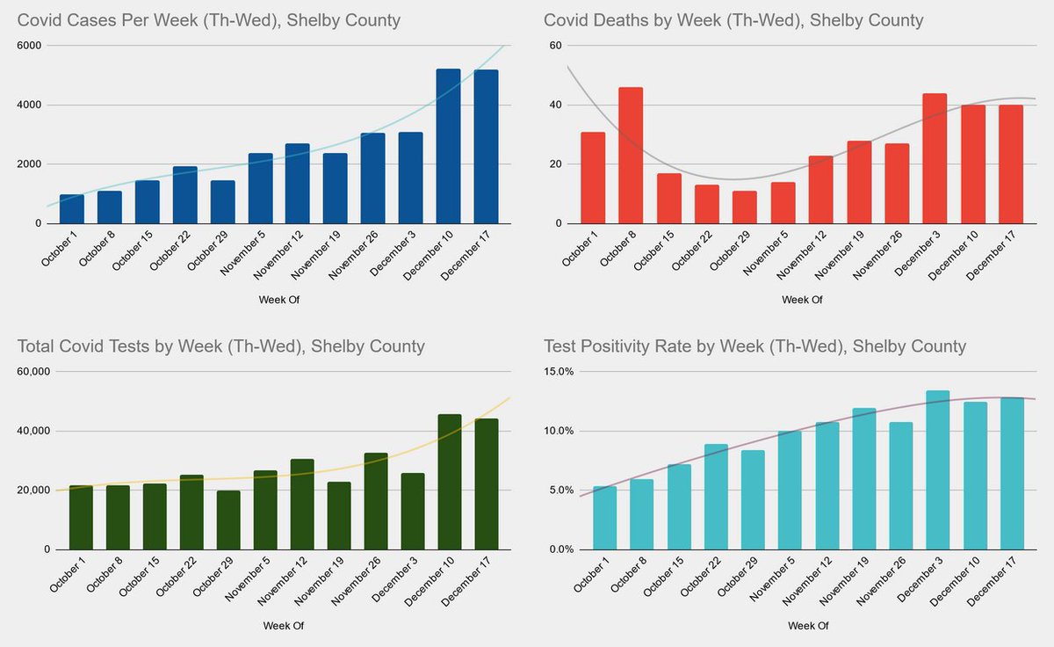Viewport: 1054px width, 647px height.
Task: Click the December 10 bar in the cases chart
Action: point(448,147)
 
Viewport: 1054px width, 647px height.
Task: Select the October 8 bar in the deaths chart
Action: point(631,156)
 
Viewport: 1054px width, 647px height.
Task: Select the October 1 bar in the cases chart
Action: point(71,209)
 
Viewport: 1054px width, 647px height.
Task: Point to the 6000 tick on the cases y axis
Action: point(29,45)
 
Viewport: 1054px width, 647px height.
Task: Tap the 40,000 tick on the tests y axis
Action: point(33,431)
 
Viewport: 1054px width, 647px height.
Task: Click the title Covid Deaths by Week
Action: point(733,19)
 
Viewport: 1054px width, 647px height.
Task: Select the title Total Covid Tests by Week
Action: point(221,346)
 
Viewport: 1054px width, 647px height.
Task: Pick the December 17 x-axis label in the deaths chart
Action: point(993,259)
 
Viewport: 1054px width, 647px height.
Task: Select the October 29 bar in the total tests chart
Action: point(227,520)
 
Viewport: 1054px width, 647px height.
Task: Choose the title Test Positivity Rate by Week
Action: point(754,346)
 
